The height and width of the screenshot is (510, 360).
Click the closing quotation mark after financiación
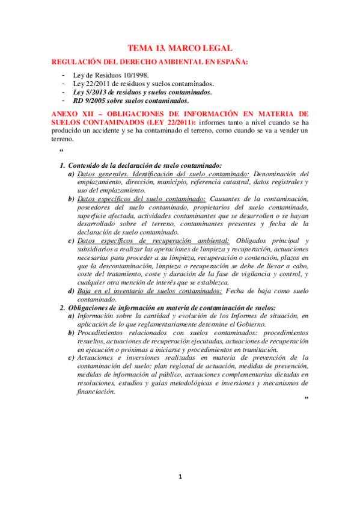(307, 399)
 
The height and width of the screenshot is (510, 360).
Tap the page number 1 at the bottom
(180, 477)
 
